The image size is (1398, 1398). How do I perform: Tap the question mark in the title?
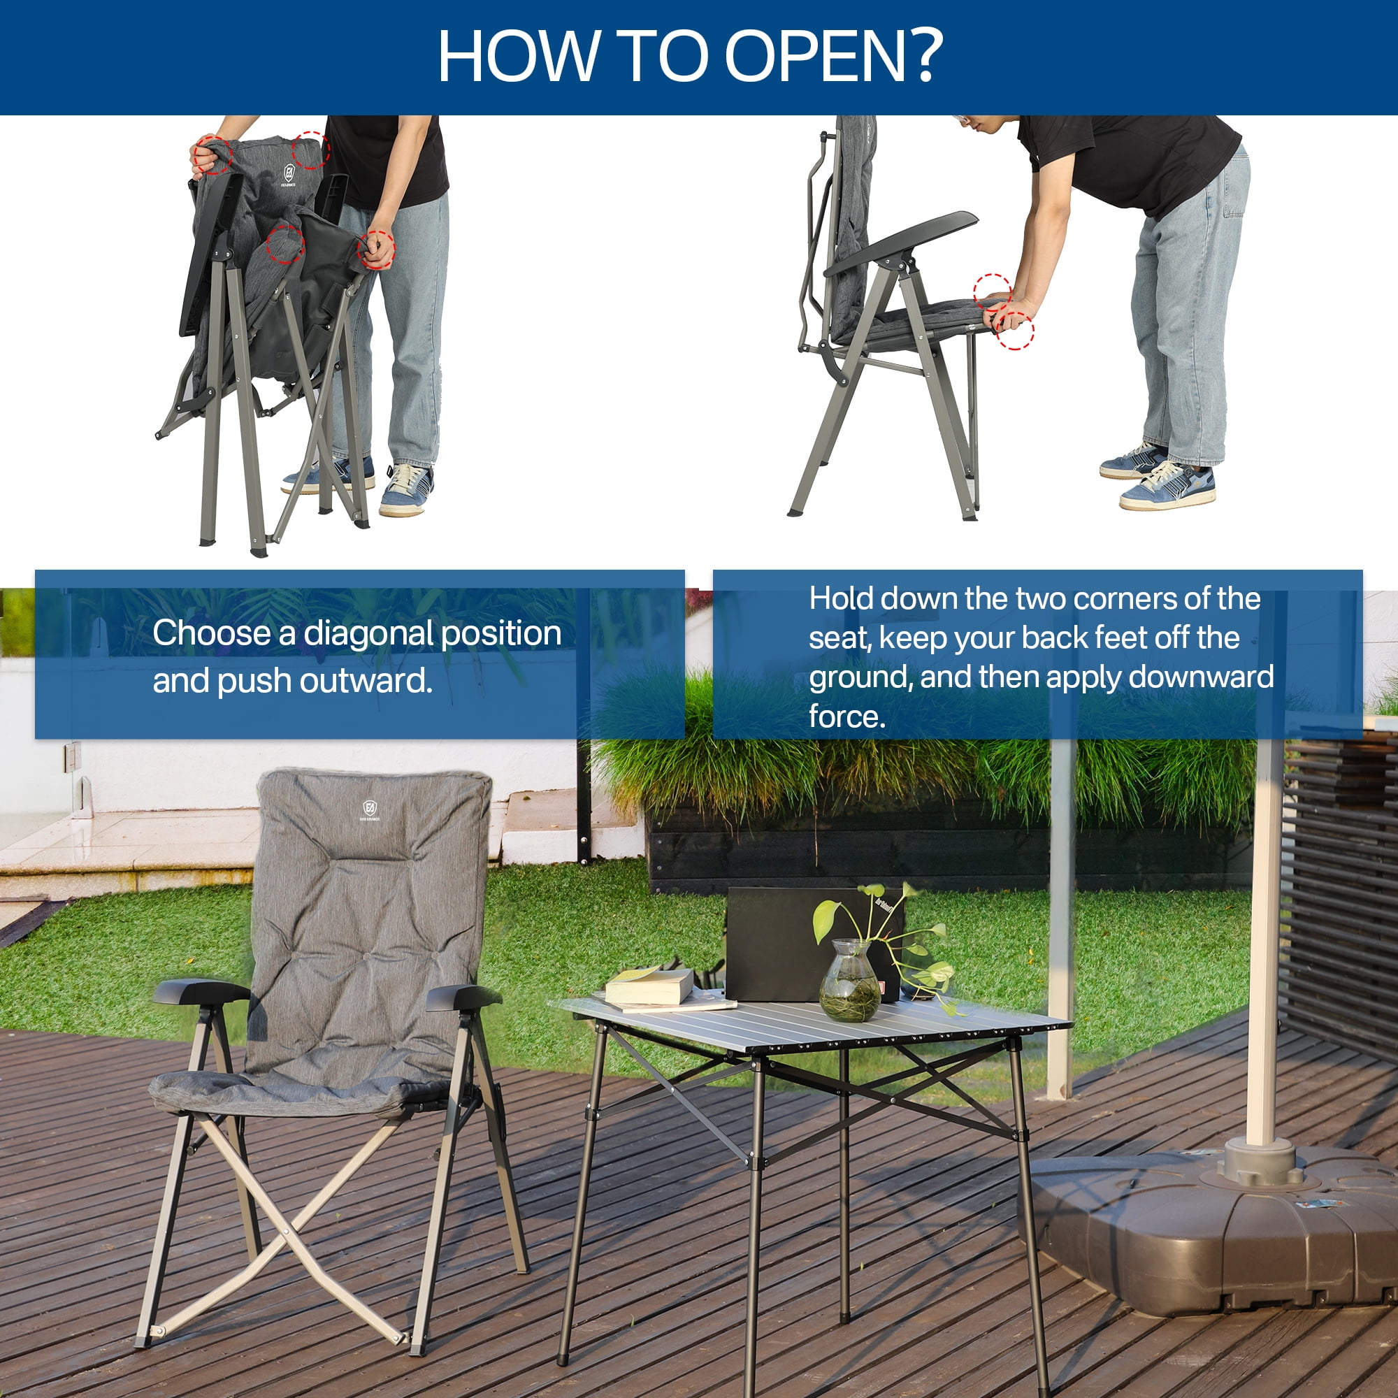924,56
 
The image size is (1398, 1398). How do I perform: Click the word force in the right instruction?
846,716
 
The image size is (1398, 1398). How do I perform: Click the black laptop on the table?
814,944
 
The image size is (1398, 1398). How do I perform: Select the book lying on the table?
649,986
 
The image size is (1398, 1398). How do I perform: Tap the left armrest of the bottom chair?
200,990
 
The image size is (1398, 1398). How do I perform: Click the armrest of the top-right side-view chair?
902,241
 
